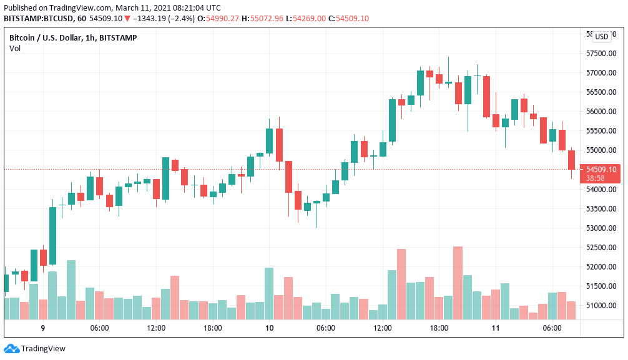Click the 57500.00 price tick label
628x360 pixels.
click(x=601, y=53)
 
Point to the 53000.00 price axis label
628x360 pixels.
click(x=601, y=228)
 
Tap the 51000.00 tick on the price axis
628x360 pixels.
click(x=601, y=306)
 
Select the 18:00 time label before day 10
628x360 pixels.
click(x=212, y=328)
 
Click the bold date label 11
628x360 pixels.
click(x=496, y=328)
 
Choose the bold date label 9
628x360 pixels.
click(x=43, y=328)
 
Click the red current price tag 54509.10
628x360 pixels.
click(x=601, y=169)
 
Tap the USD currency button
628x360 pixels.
click(x=602, y=36)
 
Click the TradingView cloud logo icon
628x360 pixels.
click(x=11, y=349)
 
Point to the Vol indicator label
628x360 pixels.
click(x=15, y=49)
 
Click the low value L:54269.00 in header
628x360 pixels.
click(x=306, y=19)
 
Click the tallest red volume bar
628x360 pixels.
click(x=458, y=283)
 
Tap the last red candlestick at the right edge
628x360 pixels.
click(x=572, y=160)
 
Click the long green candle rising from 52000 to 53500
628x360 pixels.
click(x=52, y=236)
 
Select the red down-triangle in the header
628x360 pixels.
click(x=127, y=19)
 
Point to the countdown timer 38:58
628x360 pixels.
click(x=595, y=178)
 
